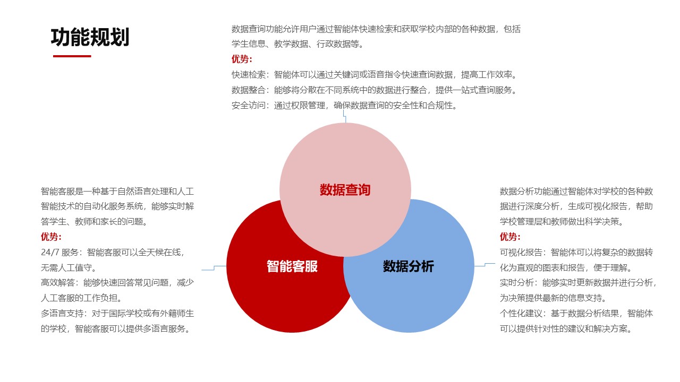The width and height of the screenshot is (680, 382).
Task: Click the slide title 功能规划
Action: (90, 38)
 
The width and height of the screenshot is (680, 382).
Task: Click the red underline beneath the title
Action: (72, 56)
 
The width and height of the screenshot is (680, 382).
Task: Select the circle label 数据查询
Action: (345, 190)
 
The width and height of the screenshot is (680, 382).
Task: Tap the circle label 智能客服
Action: (292, 266)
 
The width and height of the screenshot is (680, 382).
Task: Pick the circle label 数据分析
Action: (408, 266)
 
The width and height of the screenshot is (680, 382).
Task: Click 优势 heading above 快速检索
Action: (242, 59)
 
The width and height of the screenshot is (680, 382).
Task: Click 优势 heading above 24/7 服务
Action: (51, 237)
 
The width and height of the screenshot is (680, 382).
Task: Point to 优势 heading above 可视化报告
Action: (510, 237)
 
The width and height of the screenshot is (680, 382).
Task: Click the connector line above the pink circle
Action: (345, 117)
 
